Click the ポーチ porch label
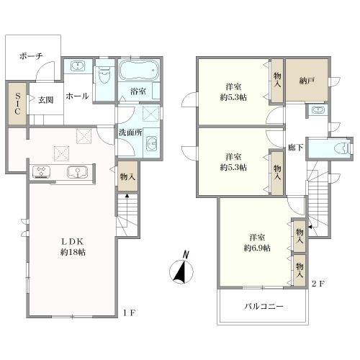click(x=31, y=56)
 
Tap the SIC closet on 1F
click(x=17, y=104)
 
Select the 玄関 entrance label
click(x=45, y=100)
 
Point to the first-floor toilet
click(x=104, y=73)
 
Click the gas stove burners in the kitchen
click(x=42, y=172)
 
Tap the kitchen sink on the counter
click(x=78, y=172)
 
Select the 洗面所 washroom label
click(x=130, y=132)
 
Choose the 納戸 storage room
click(x=307, y=81)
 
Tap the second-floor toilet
click(x=341, y=148)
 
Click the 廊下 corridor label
click(x=295, y=148)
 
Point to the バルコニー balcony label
click(x=264, y=306)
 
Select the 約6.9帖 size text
click(x=257, y=248)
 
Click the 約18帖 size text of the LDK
click(x=73, y=252)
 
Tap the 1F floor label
click(x=130, y=312)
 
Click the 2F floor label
click(x=318, y=284)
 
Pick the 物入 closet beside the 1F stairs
click(x=127, y=176)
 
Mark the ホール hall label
click(x=77, y=96)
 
